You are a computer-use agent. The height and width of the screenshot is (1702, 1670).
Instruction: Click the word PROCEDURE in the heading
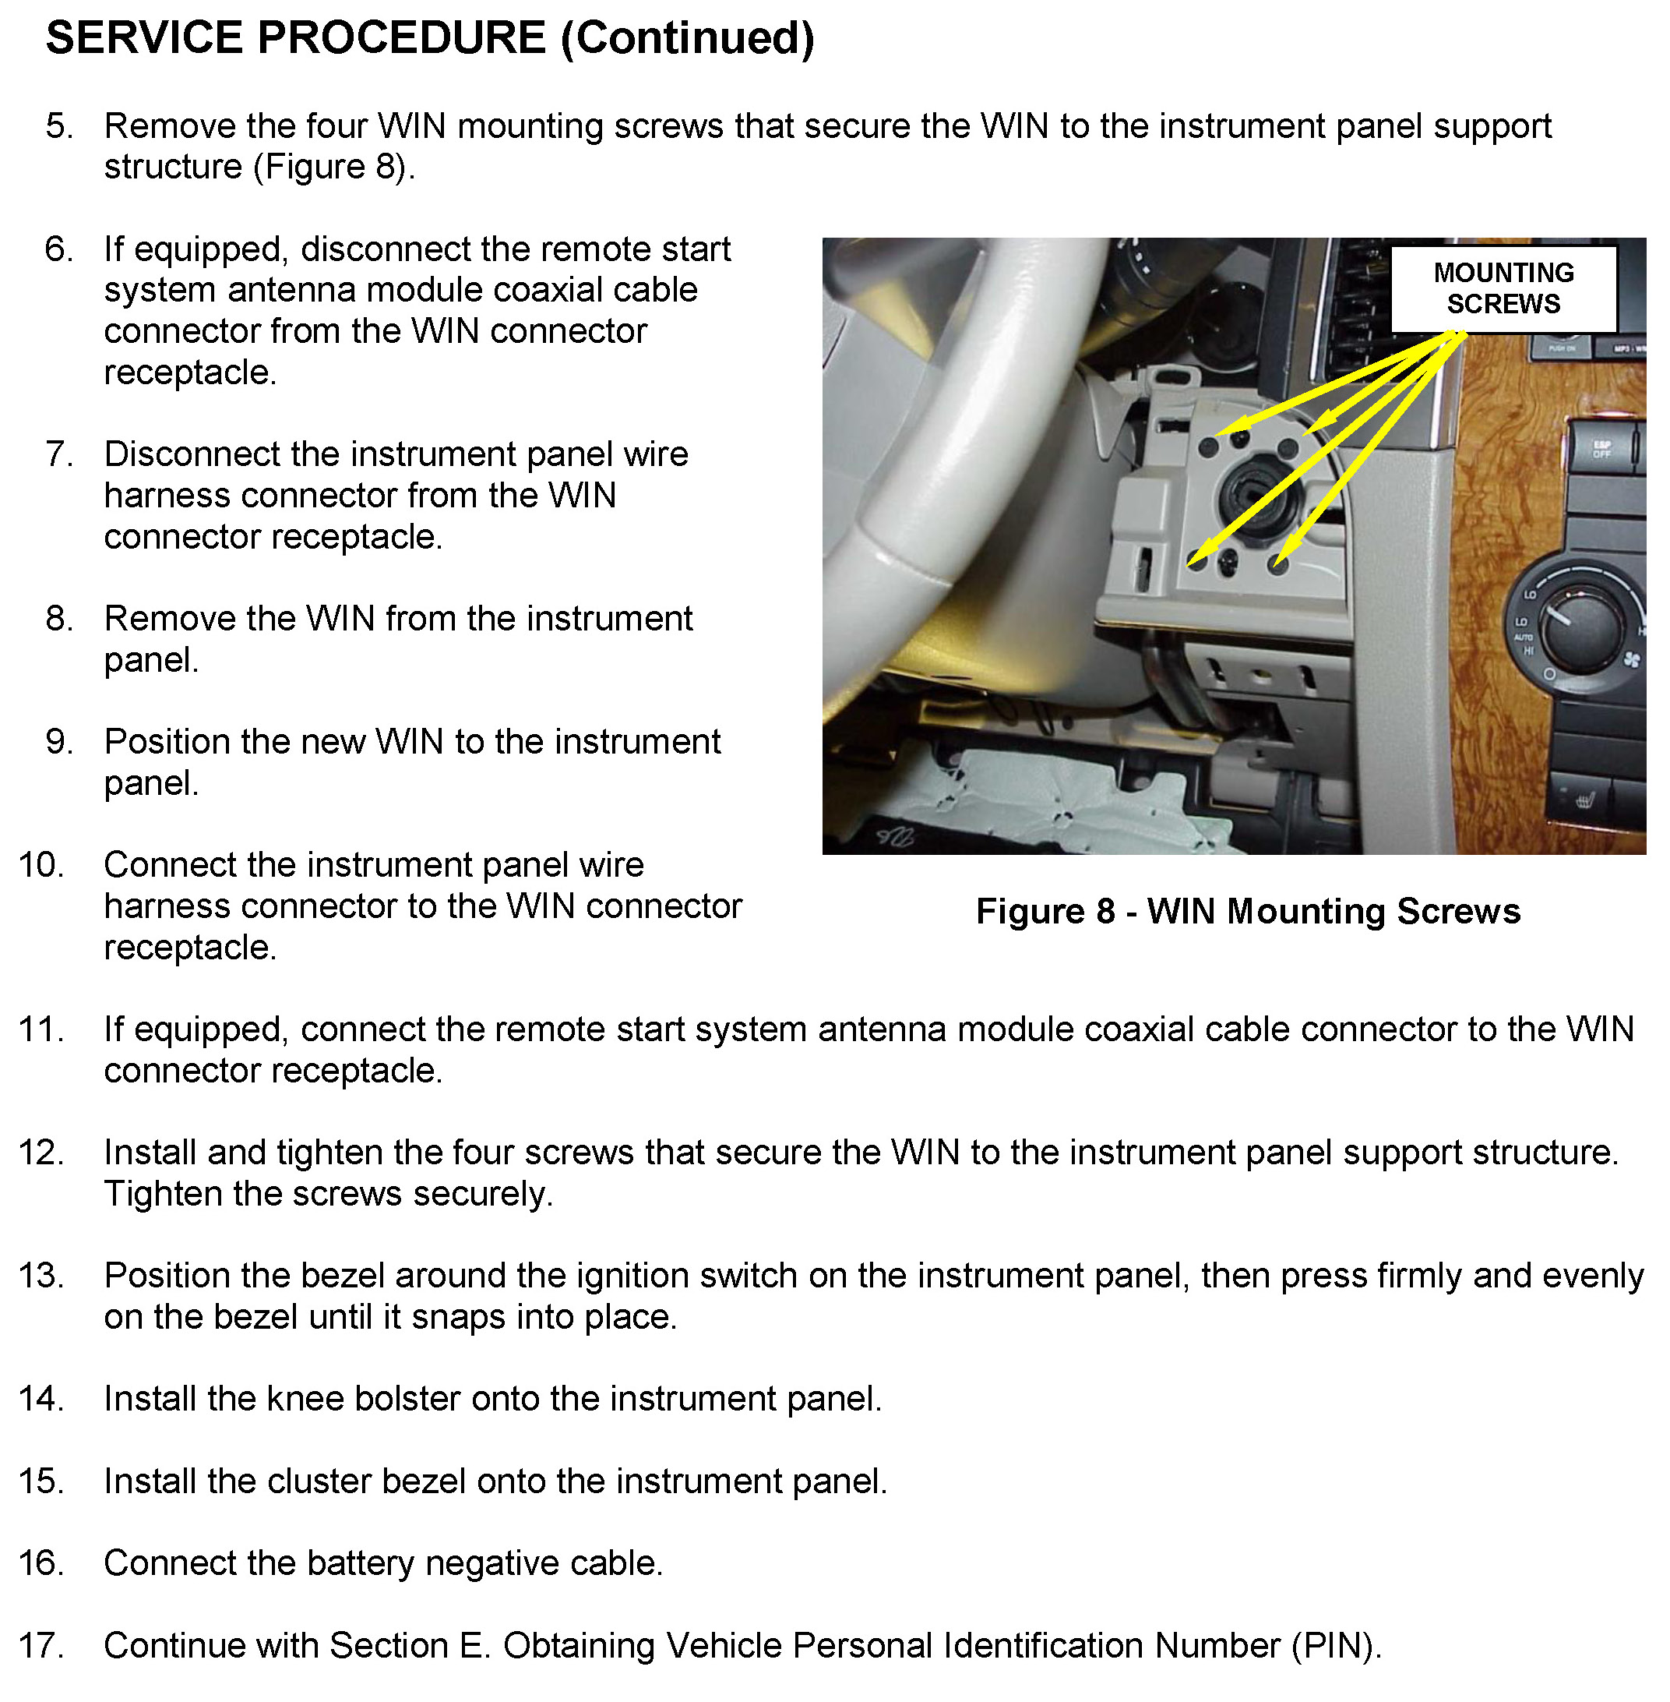pyautogui.click(x=401, y=39)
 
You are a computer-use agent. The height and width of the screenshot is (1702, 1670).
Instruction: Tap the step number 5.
pyautogui.click(x=58, y=126)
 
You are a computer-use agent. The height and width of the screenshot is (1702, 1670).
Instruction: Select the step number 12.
pyautogui.click(x=41, y=1152)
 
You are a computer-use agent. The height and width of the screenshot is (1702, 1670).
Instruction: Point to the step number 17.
pyautogui.click(x=41, y=1645)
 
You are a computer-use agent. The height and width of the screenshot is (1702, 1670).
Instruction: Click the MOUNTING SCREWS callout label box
pyautogui.click(x=1503, y=288)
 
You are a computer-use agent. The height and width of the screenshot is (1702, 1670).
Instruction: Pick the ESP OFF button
pyautogui.click(x=1601, y=449)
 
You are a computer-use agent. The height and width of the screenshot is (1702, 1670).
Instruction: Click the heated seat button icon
pyautogui.click(x=1584, y=800)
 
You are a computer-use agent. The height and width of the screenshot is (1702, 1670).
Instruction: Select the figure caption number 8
pyautogui.click(x=1105, y=912)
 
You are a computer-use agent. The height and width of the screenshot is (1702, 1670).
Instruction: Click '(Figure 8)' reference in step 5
pyautogui.click(x=333, y=167)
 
